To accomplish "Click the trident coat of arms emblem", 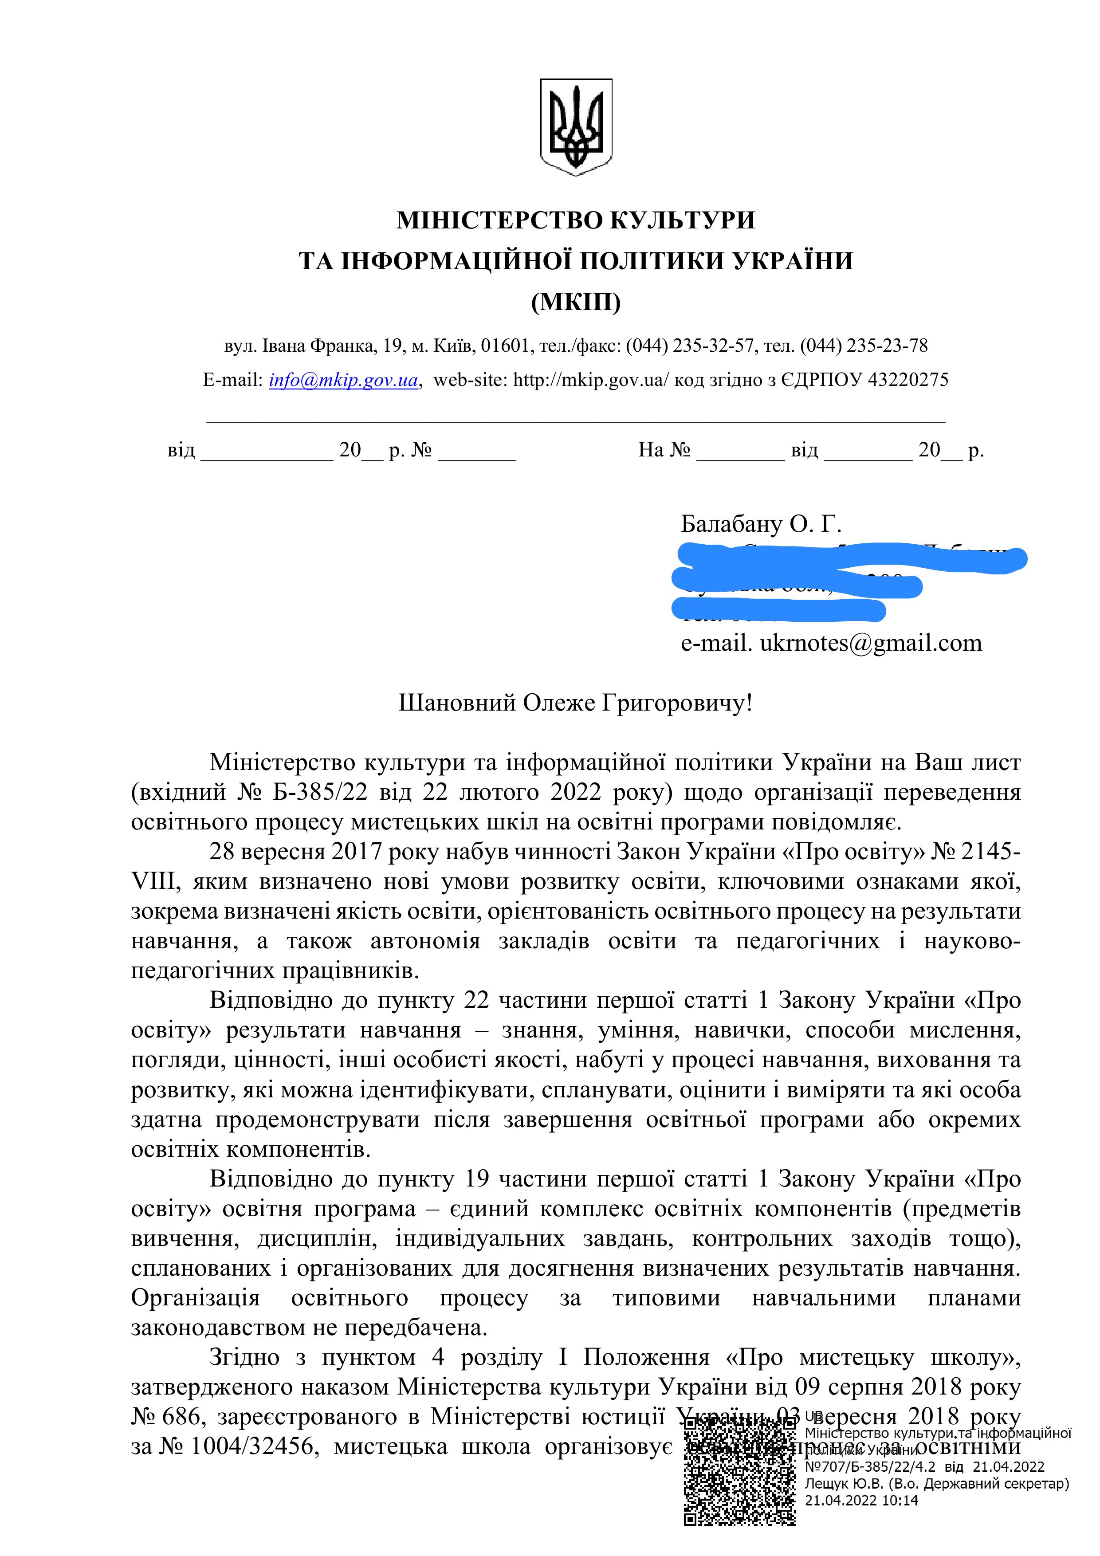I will [x=575, y=127].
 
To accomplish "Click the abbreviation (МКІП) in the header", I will [x=575, y=302].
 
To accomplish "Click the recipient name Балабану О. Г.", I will [x=760, y=524].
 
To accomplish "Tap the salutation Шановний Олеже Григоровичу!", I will [x=575, y=703].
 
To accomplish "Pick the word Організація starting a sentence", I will [x=195, y=1298].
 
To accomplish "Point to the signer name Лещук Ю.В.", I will [x=843, y=1484].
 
